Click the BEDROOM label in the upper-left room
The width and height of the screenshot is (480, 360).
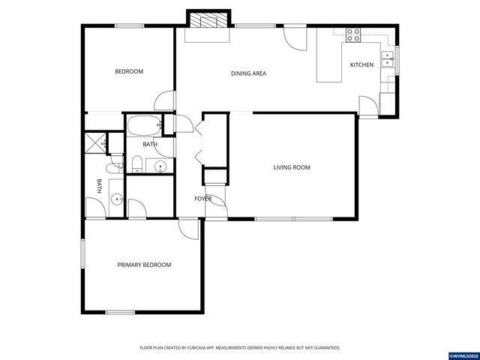(128, 72)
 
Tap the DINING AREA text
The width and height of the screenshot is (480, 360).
(248, 73)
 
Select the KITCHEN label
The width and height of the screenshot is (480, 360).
(361, 65)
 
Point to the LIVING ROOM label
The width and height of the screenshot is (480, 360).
(291, 167)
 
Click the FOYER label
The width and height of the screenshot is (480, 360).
(202, 199)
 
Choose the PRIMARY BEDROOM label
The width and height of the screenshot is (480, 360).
(144, 265)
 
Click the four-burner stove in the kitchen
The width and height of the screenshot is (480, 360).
(352, 34)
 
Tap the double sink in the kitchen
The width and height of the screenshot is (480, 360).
(388, 59)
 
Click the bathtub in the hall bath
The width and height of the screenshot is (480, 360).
(142, 125)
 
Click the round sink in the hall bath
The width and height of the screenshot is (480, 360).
(159, 166)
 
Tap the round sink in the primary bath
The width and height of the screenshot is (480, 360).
(116, 198)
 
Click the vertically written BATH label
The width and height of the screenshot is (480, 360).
(98, 184)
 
